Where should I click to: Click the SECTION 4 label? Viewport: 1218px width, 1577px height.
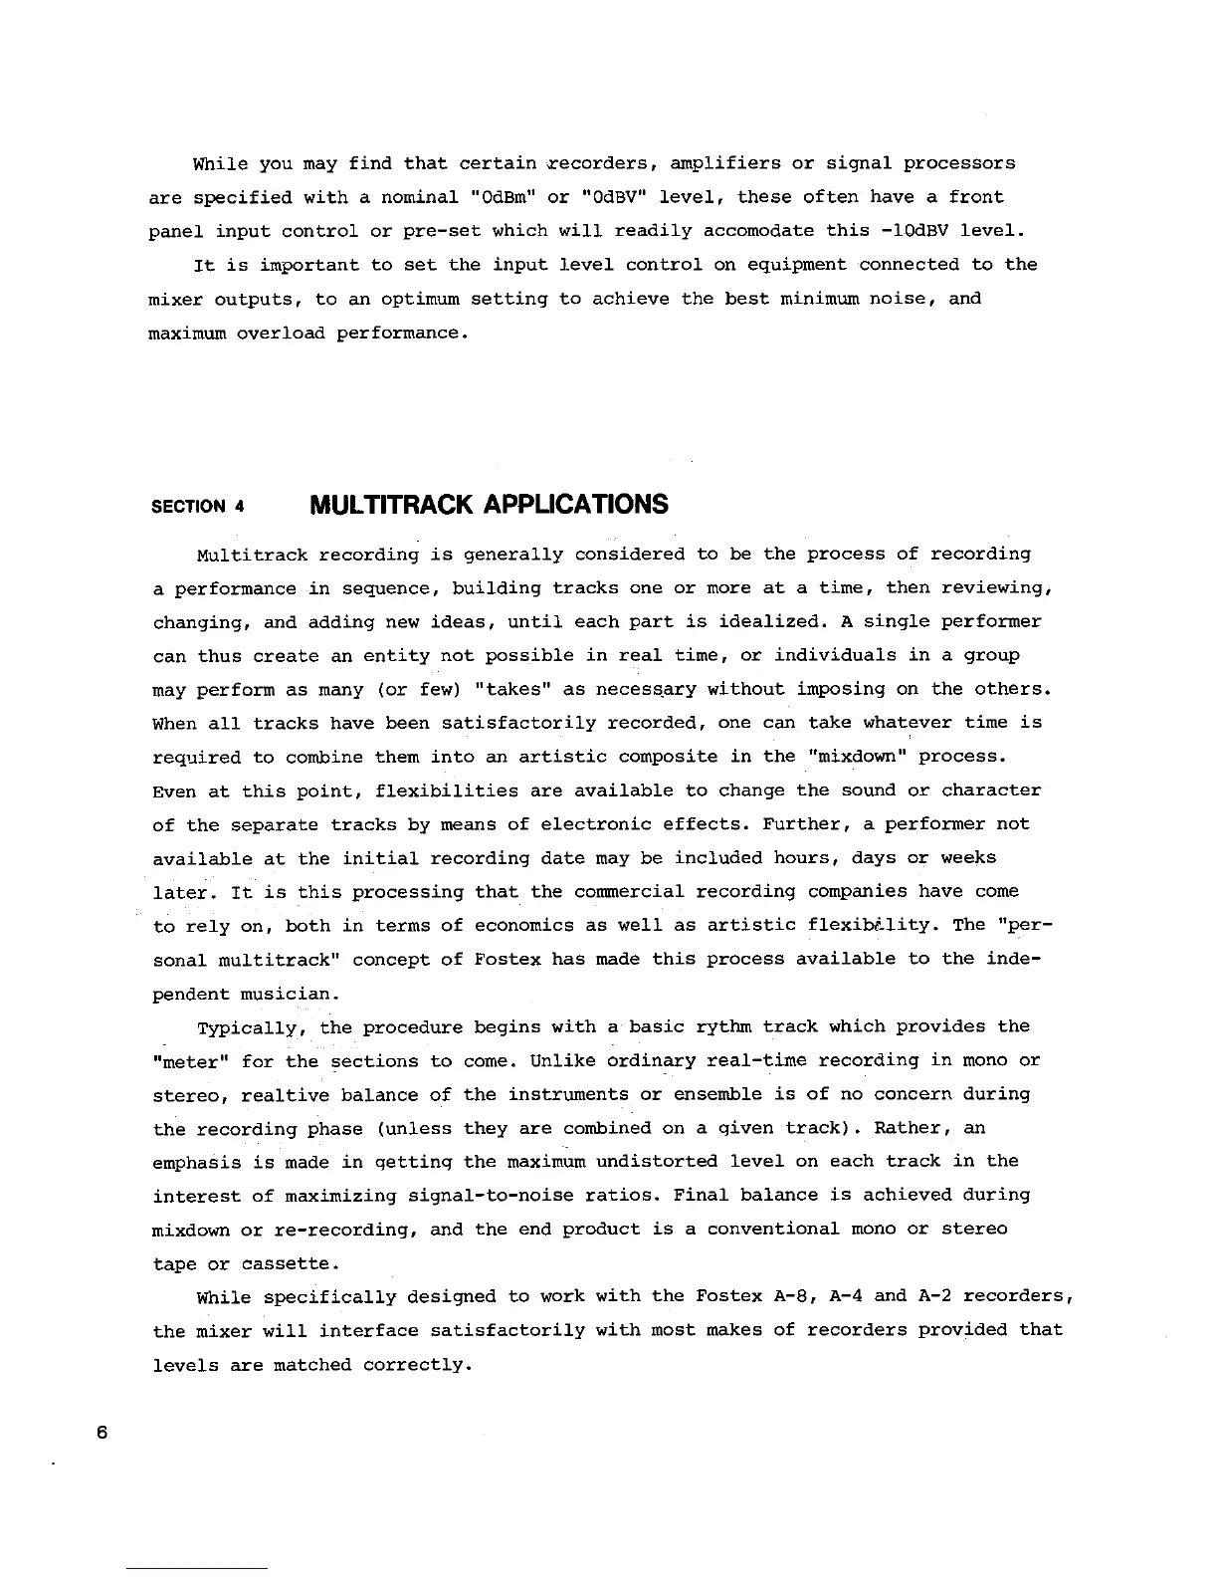coord(198,506)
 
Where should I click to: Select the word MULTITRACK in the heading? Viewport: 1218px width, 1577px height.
coord(392,505)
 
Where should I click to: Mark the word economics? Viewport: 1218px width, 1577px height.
coord(523,926)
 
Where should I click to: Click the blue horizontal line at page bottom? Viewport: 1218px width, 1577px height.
coord(197,1568)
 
